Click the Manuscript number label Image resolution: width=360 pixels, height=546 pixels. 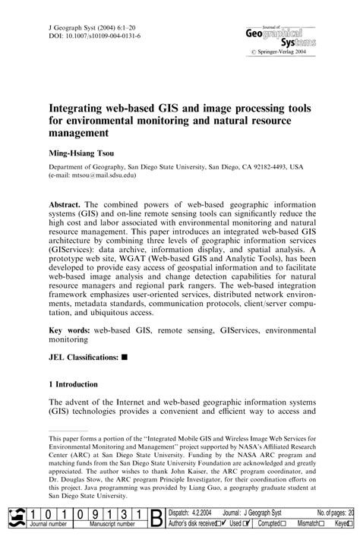[x=112, y=525]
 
